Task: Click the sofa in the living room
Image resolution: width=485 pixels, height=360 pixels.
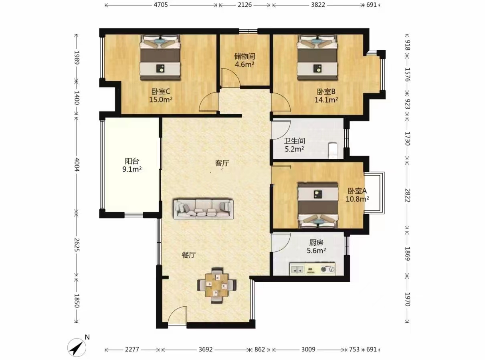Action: tap(204, 209)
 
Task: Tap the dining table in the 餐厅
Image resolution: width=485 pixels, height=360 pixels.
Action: tap(217, 285)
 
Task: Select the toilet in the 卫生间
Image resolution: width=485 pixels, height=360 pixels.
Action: tap(333, 150)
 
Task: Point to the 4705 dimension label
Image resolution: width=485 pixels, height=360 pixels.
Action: tap(161, 5)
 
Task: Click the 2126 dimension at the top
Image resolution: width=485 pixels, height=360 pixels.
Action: tap(245, 5)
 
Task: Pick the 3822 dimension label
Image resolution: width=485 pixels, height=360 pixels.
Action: tap(318, 5)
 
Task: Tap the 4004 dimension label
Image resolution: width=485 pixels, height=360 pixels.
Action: tap(77, 164)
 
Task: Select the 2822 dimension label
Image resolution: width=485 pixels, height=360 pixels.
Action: tap(407, 195)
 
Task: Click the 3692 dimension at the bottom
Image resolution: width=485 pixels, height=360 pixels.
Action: tap(206, 350)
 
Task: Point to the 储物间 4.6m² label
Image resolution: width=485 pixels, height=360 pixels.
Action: tap(245, 60)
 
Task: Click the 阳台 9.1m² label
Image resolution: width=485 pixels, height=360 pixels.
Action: tap(132, 165)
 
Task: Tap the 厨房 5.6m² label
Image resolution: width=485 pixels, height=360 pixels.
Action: tap(316, 247)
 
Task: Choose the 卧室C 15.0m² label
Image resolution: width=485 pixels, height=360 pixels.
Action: tap(161, 95)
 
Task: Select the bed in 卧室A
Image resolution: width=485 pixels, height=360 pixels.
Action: tap(318, 205)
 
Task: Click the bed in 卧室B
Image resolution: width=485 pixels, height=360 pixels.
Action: tap(317, 57)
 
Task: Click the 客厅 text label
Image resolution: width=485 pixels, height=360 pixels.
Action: tap(222, 163)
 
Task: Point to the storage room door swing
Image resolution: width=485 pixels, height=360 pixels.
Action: tap(231, 78)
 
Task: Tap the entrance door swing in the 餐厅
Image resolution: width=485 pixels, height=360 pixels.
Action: tap(178, 316)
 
